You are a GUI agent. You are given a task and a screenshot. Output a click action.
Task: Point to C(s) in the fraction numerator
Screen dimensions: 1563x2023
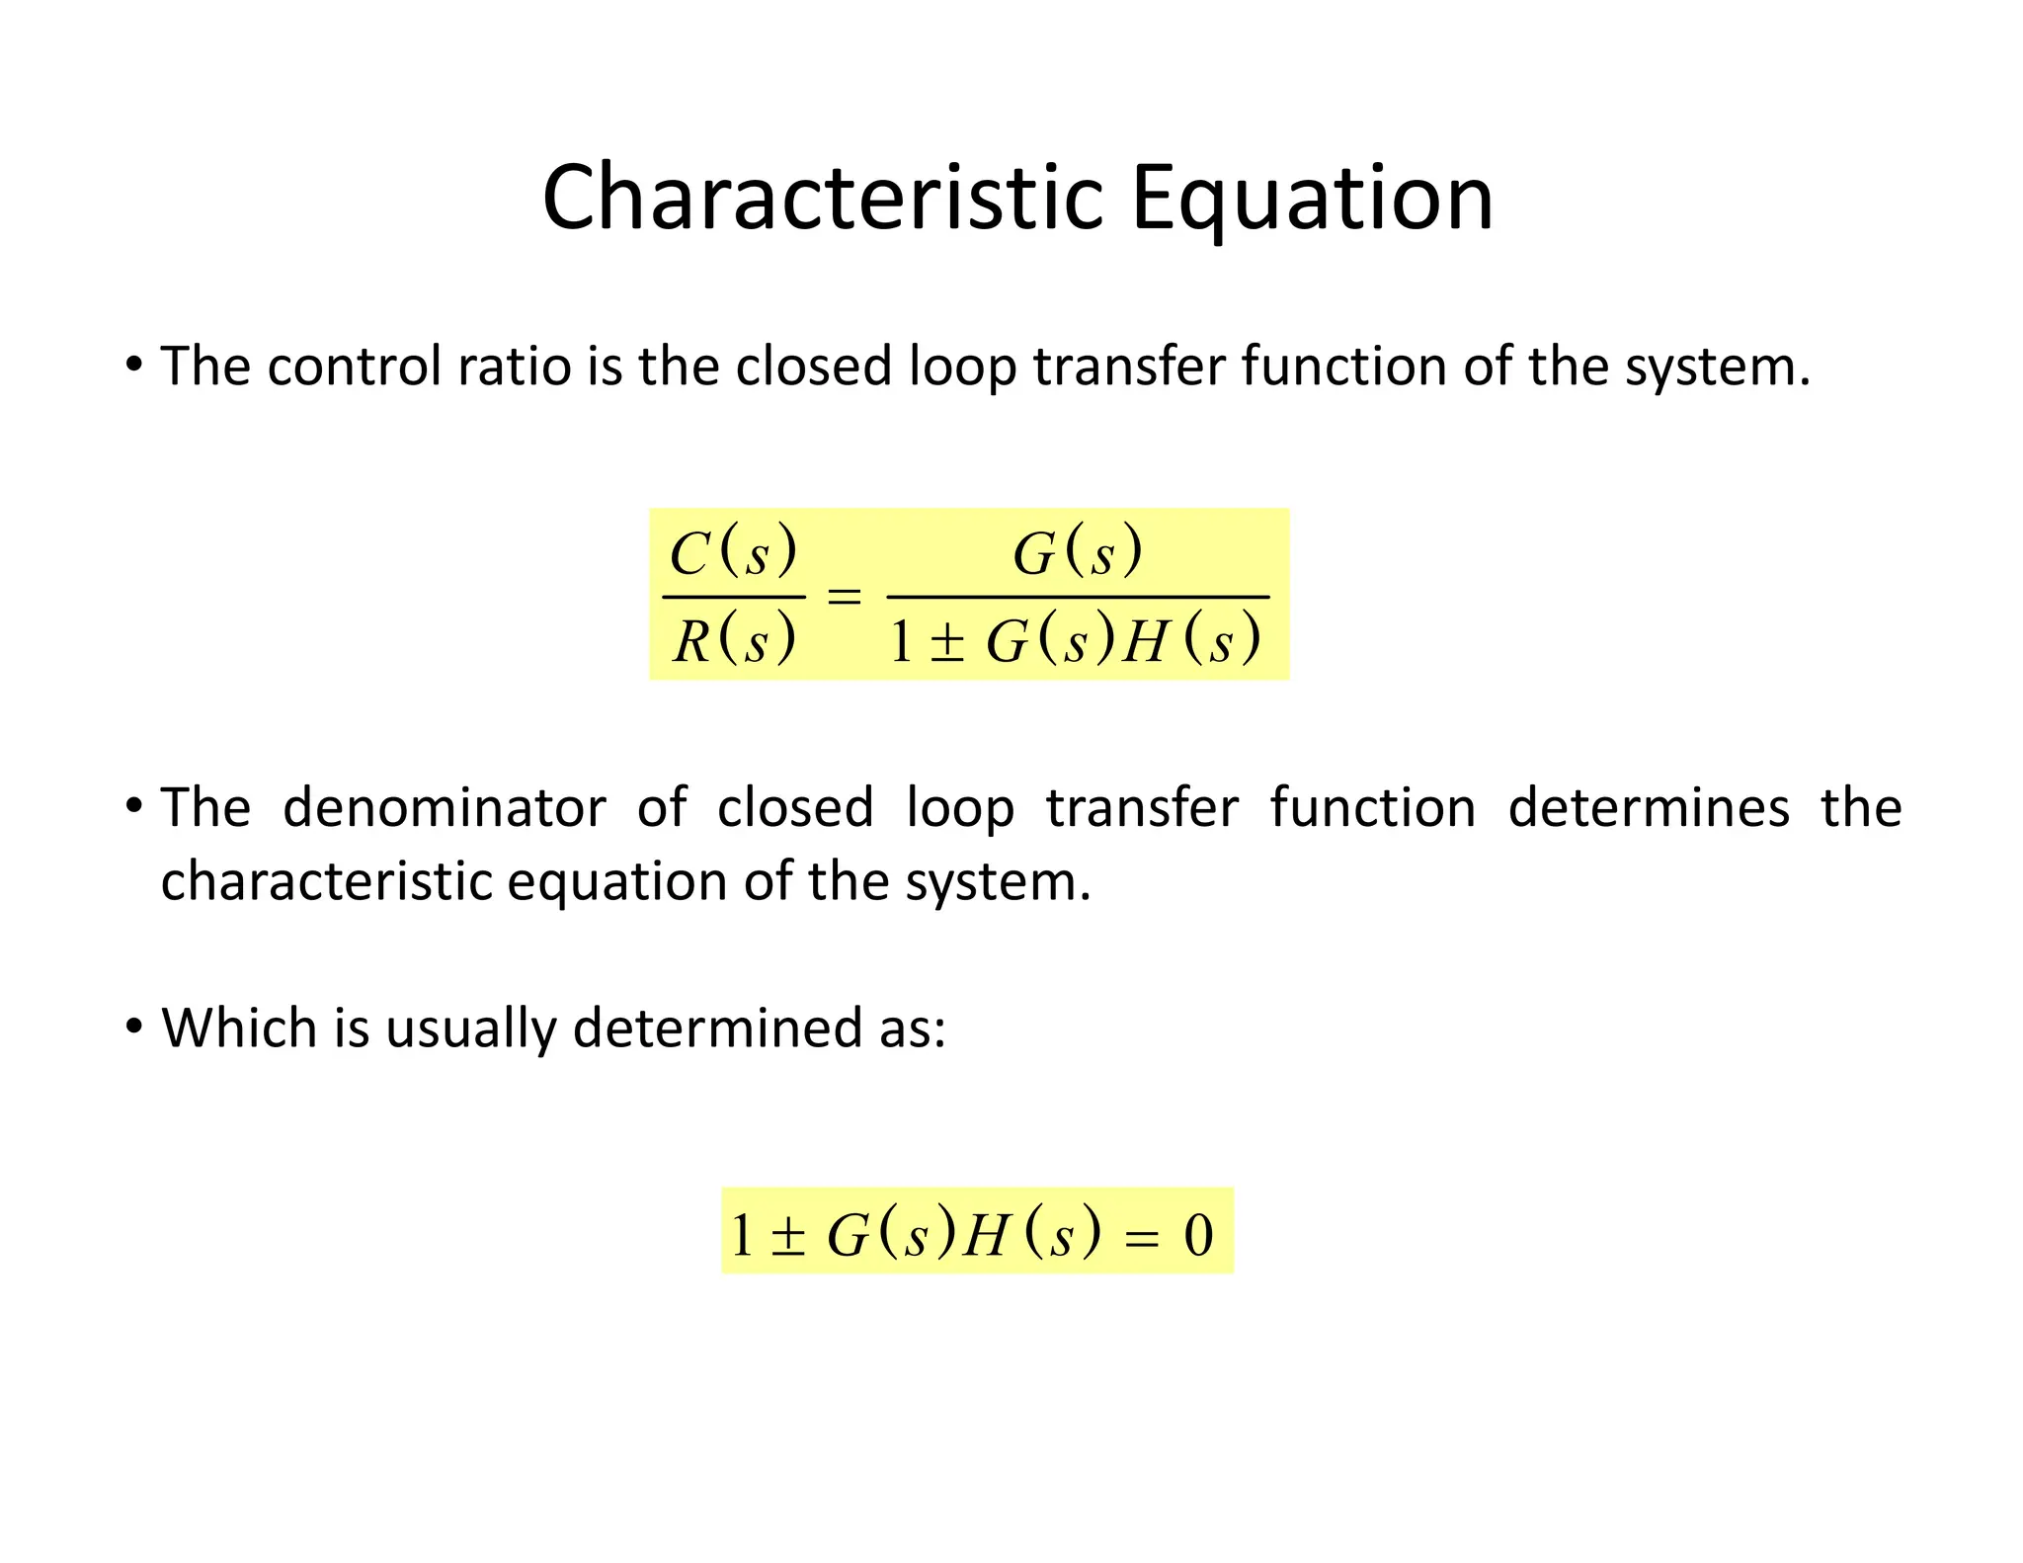pos(732,552)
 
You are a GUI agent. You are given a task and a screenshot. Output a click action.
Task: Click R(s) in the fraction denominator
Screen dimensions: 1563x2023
pos(733,639)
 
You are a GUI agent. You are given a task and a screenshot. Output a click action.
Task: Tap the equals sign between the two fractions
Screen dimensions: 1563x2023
pos(844,597)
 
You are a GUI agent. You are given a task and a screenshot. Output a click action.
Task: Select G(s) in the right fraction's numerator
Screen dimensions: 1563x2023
pos(1077,552)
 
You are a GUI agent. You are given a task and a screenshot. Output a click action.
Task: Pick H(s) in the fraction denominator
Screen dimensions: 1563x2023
pos(1192,640)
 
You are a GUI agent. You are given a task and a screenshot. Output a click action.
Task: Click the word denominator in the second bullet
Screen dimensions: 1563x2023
pos(444,808)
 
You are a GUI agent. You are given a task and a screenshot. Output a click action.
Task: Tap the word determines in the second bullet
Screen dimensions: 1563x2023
pos(1648,808)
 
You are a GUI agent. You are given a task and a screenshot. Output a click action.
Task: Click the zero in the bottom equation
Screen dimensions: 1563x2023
pos(1198,1235)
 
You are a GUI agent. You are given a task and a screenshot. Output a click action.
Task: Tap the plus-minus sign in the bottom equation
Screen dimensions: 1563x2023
pos(787,1236)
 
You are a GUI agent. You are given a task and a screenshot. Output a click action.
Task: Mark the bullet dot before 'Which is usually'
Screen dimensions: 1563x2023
pos(134,1027)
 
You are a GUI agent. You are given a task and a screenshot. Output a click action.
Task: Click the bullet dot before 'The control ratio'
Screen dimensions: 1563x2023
pos(134,365)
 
